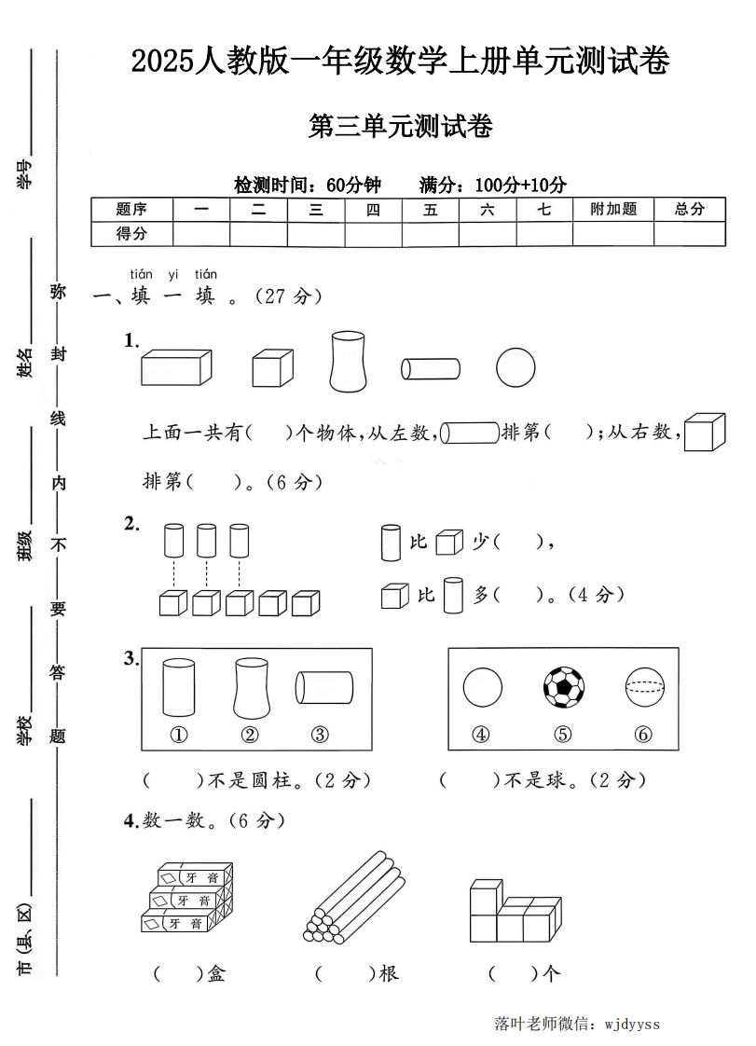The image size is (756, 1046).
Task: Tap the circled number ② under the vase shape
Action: [250, 735]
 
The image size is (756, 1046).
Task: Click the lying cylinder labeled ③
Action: [324, 688]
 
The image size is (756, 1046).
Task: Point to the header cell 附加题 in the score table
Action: [613, 210]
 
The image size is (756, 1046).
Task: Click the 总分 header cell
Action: [690, 210]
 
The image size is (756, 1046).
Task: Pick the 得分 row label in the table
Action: [131, 234]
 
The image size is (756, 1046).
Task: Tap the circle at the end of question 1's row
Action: [515, 367]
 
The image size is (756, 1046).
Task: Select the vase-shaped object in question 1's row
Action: [347, 362]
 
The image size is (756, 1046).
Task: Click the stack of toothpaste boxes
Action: [186, 898]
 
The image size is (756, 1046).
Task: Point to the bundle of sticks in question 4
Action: [354, 895]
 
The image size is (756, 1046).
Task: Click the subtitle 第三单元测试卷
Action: [400, 127]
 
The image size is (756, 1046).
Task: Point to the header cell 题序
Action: [131, 210]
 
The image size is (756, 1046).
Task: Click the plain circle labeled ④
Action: [482, 688]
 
